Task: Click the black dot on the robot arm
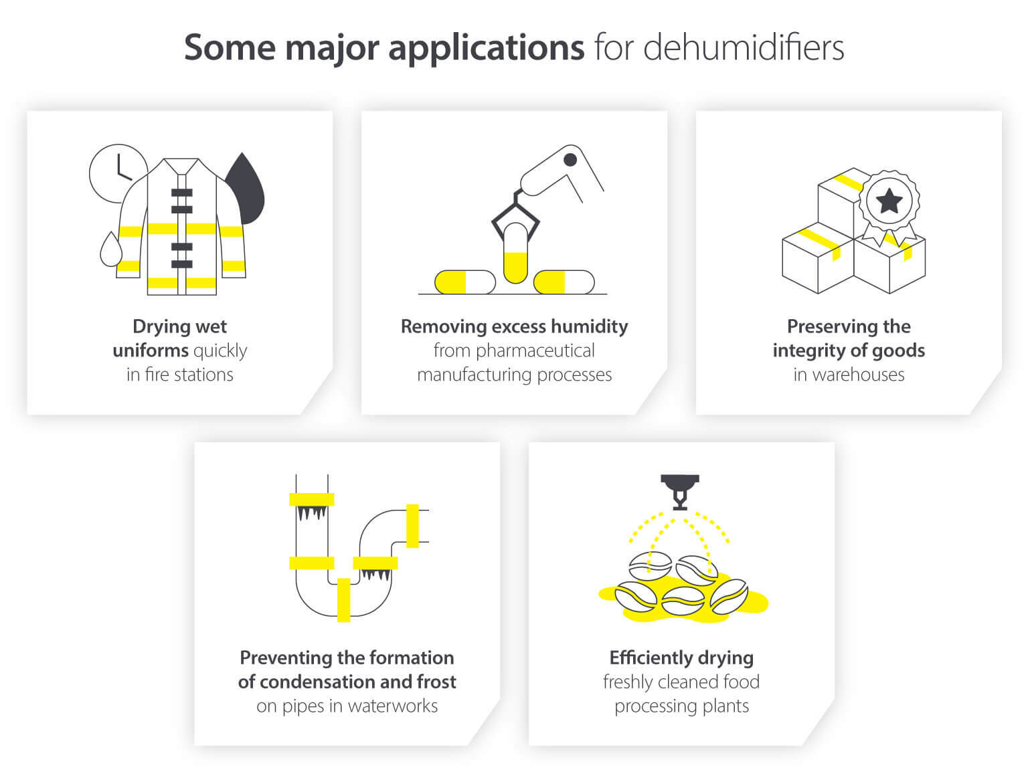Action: pos(570,159)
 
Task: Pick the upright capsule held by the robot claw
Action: pos(515,253)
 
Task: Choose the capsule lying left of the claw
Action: pos(464,282)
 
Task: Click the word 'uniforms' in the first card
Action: pos(150,351)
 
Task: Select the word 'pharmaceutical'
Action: pos(514,351)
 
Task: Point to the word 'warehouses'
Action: pos(858,375)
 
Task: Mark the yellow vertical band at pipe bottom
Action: pos(343,599)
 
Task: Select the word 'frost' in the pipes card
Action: pos(436,682)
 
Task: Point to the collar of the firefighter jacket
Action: pos(181,165)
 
